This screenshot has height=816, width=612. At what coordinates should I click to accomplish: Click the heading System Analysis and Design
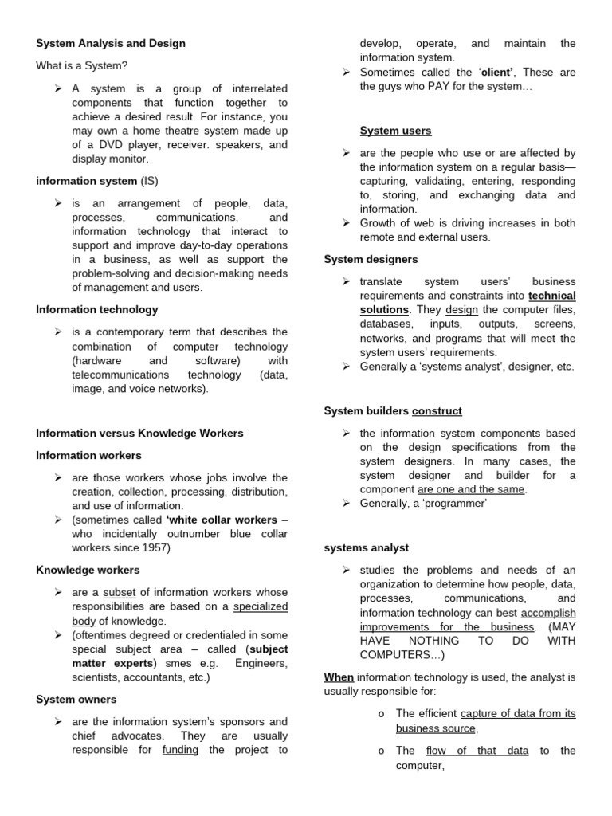point(111,44)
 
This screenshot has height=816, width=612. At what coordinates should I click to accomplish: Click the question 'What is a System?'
point(82,65)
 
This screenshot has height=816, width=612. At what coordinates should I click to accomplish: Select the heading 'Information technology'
point(97,309)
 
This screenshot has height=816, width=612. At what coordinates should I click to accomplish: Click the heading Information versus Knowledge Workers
point(140,433)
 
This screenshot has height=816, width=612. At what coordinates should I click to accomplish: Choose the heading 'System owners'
point(76,700)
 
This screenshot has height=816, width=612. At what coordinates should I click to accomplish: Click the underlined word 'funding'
point(180,750)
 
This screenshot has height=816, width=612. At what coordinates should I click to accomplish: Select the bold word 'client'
point(495,73)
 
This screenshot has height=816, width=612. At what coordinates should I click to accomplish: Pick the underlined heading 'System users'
point(396,131)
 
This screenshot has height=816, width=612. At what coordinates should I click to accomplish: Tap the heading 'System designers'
point(371,260)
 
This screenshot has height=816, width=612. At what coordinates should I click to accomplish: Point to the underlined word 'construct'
point(437,411)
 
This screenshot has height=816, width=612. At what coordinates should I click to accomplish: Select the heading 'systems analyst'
point(367,548)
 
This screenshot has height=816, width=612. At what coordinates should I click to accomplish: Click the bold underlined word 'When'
point(339,677)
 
